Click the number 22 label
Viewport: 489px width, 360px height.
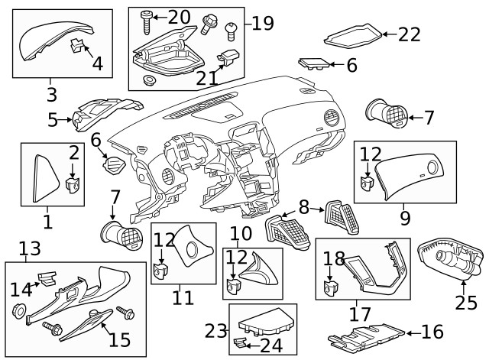coord(410,34)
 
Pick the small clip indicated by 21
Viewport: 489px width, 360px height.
coord(228,55)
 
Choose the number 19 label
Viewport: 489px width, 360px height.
coord(262,24)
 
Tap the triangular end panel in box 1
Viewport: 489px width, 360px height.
coord(47,177)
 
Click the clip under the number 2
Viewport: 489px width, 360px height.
coord(74,183)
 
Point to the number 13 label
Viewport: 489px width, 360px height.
coord(28,248)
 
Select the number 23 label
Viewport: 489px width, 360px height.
coord(216,330)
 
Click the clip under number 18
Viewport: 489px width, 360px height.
coord(332,286)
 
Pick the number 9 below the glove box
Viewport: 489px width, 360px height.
coord(405,218)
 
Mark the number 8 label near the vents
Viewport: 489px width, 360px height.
coord(303,206)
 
